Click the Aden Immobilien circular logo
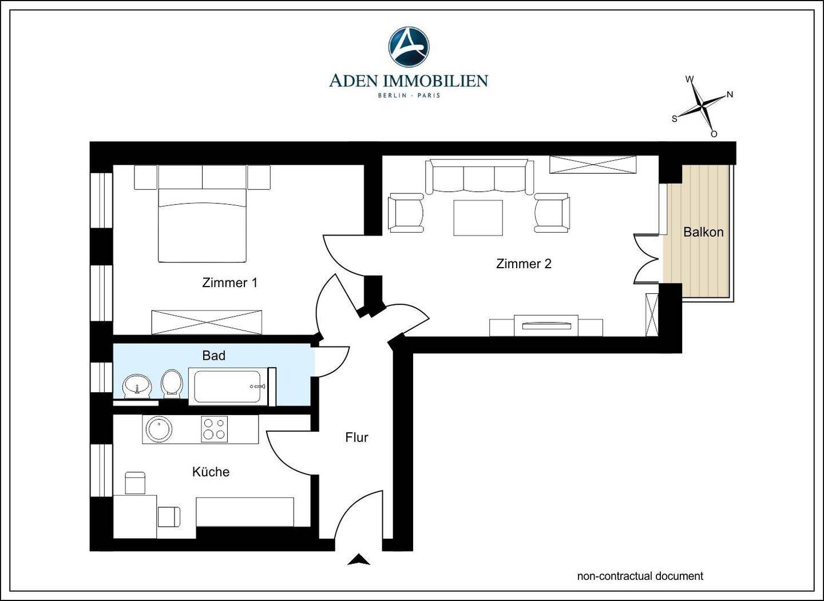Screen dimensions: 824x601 [x=409, y=47]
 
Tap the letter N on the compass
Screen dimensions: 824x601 [x=730, y=94]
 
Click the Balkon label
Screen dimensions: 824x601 [x=703, y=232]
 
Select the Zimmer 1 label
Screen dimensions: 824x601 [x=229, y=282]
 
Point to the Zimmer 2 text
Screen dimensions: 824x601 [x=524, y=264]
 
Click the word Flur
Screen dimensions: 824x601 [x=356, y=437]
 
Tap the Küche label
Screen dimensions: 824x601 [x=211, y=472]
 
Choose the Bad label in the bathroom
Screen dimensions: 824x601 [x=214, y=356]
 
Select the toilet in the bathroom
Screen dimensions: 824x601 [x=172, y=384]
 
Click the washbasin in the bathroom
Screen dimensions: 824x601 [x=137, y=387]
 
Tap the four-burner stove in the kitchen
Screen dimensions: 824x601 [x=214, y=429]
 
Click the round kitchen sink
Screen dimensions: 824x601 [x=159, y=429]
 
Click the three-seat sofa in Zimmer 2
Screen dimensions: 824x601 [x=480, y=177]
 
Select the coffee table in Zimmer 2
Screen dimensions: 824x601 [x=478, y=218]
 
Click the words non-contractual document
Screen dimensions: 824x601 [x=640, y=576]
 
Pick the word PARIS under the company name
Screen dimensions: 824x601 [x=429, y=95]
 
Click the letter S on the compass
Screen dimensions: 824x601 [x=674, y=119]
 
